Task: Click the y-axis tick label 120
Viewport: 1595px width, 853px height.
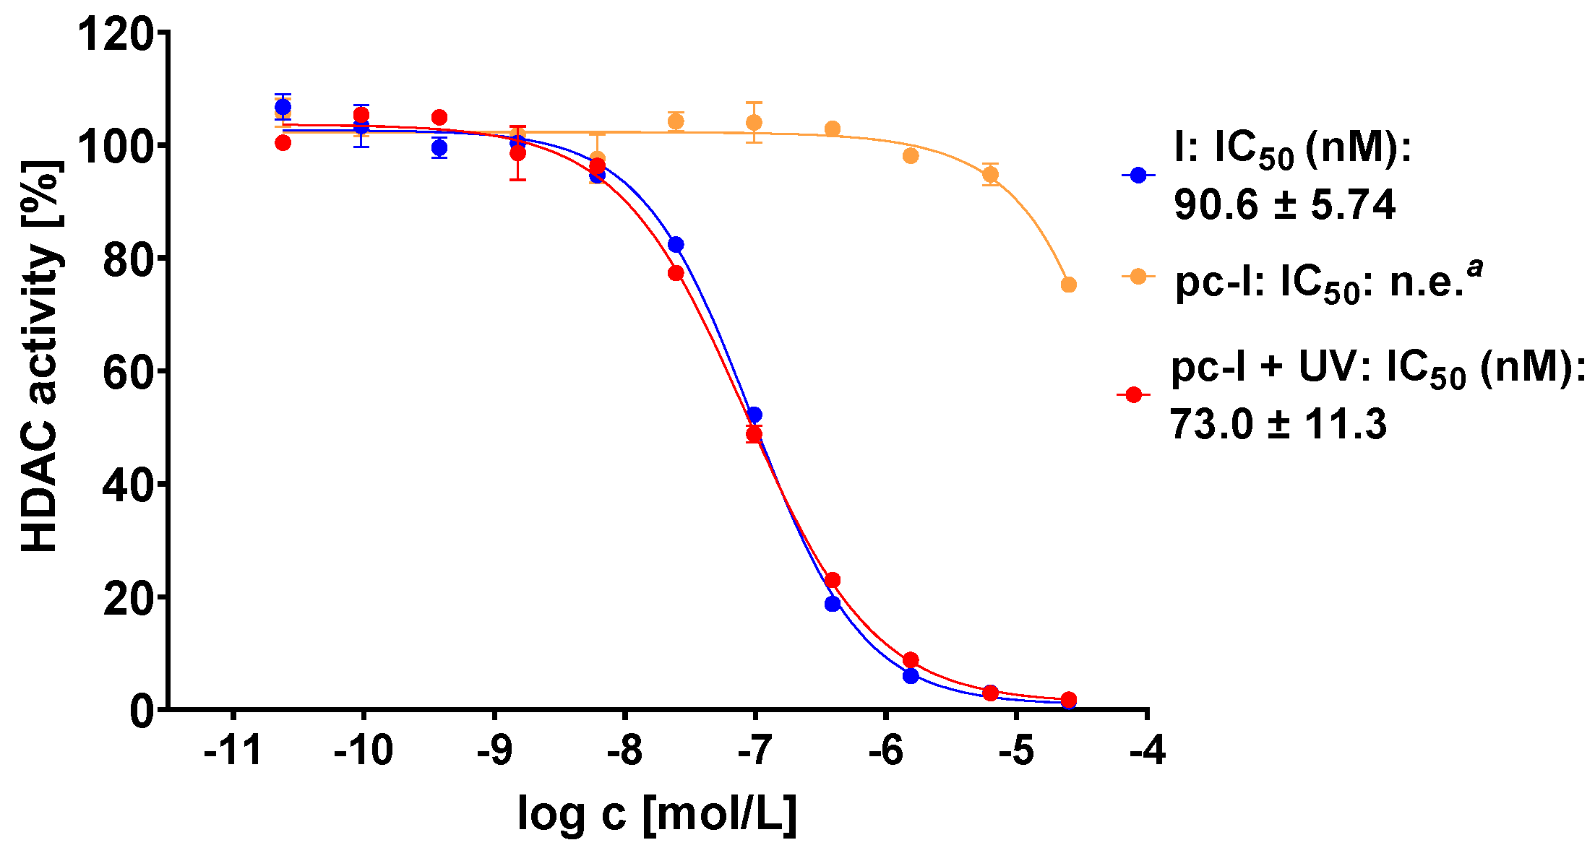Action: point(116,34)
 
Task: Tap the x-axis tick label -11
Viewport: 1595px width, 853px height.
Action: point(233,752)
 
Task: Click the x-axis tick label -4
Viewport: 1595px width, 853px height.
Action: point(1147,752)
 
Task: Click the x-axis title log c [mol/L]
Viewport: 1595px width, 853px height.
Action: point(657,814)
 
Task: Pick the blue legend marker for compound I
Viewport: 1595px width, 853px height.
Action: point(1138,175)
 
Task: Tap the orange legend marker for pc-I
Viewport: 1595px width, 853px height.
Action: point(1138,277)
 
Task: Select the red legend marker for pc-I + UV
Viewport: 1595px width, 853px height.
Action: point(1134,394)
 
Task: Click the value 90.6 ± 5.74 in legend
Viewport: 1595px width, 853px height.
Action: point(1284,205)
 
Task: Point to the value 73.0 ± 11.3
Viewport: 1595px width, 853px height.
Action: point(1278,424)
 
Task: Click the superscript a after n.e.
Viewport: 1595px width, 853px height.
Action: point(1474,268)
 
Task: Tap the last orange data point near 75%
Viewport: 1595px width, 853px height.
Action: point(1068,285)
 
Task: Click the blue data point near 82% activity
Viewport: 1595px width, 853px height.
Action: point(676,245)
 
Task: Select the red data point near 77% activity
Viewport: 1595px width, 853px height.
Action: point(676,273)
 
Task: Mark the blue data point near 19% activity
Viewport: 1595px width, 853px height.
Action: point(833,604)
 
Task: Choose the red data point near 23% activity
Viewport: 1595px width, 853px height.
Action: point(833,580)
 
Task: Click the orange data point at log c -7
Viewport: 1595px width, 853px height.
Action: point(754,123)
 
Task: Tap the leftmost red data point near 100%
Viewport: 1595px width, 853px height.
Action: point(283,143)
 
